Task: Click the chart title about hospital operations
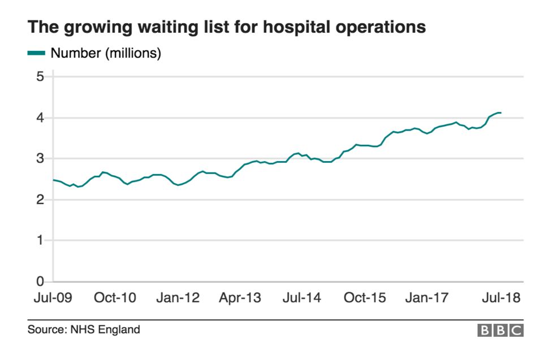click(226, 27)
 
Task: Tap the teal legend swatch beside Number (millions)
click(36, 54)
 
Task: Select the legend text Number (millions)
click(106, 54)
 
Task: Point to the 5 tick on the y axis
click(40, 77)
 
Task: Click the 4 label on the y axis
click(40, 118)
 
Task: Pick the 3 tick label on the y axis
click(40, 159)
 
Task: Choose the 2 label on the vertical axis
click(40, 200)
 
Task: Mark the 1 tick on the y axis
click(40, 241)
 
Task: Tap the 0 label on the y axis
click(40, 281)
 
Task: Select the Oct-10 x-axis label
click(115, 298)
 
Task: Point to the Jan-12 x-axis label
click(178, 298)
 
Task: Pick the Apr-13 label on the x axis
click(240, 298)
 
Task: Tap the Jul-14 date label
click(301, 298)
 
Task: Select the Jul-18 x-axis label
click(500, 298)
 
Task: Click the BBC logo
click(501, 331)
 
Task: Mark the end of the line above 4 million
click(501, 112)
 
